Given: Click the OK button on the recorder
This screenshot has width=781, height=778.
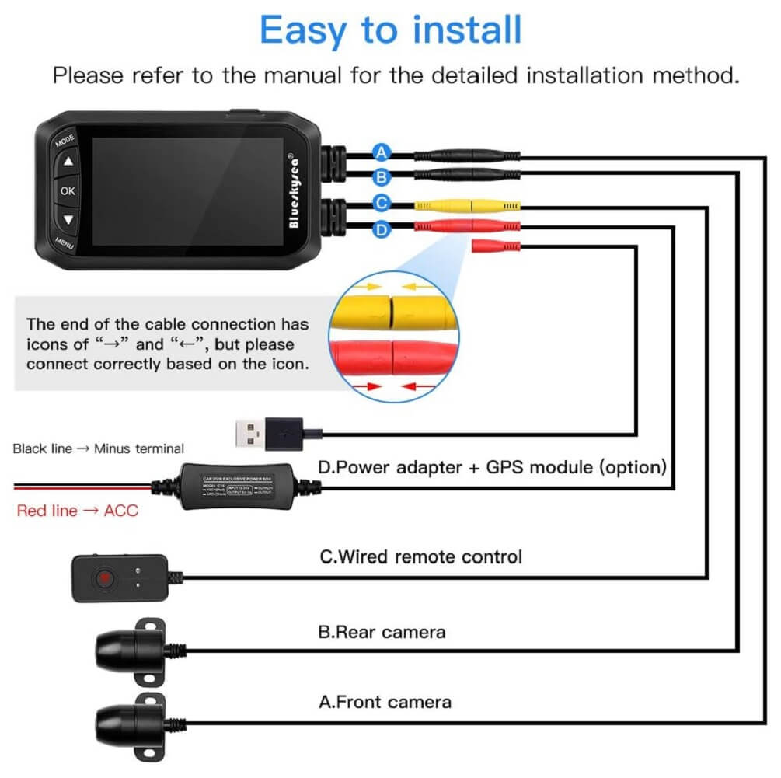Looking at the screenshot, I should [68, 190].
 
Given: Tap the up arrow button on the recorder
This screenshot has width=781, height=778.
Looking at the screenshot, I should [68, 162].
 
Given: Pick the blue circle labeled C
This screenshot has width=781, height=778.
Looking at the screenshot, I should [381, 204].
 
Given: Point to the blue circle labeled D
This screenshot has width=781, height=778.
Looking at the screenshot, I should [381, 229].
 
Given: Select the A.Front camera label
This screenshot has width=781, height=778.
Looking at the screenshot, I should [385, 702].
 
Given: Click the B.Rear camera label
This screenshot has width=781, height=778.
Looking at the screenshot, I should [382, 631].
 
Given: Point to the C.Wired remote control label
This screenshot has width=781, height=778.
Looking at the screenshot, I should [420, 556].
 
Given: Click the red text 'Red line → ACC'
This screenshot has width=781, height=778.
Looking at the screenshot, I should [77, 511].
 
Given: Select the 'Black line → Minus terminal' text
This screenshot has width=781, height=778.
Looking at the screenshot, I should [98, 448].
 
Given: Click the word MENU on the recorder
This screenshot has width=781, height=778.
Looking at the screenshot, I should [65, 242].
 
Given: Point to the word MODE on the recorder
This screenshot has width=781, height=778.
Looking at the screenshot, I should [64, 141].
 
